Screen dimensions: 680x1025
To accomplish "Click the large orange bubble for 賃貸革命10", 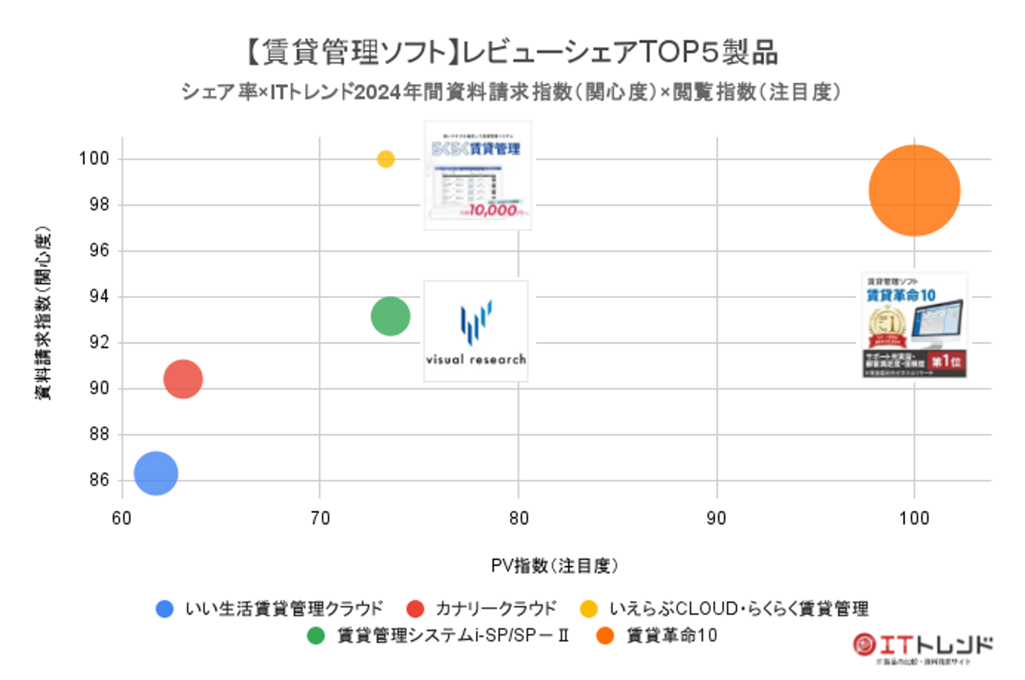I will pos(914,191).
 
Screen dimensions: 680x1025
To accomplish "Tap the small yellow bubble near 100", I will pos(385,159).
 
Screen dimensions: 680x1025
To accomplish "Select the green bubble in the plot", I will pos(390,316).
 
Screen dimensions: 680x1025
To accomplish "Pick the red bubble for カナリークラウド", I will pos(183,379).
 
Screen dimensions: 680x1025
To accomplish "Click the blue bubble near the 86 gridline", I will pos(156,473).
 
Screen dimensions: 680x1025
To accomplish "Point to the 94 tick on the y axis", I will pos(99,297).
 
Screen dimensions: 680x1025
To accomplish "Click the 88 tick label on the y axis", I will pos(99,434).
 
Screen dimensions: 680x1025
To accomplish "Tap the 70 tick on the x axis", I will pos(320,518).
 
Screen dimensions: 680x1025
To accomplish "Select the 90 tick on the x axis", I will pos(716,518).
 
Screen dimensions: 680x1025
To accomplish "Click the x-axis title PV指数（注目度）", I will pos(554,565).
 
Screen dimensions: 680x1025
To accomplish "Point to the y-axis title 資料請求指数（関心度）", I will pos(44,313).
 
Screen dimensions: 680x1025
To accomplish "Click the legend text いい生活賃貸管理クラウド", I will pos(284,608).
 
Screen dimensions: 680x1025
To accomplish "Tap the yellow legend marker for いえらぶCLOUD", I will pos(588,609).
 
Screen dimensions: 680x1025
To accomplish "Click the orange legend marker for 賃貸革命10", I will pos(605,636).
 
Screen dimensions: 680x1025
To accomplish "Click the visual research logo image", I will pos(476,331).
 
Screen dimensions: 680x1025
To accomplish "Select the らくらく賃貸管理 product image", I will pos(478,175).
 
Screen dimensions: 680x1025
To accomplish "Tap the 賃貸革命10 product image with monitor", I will pos(914,325).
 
